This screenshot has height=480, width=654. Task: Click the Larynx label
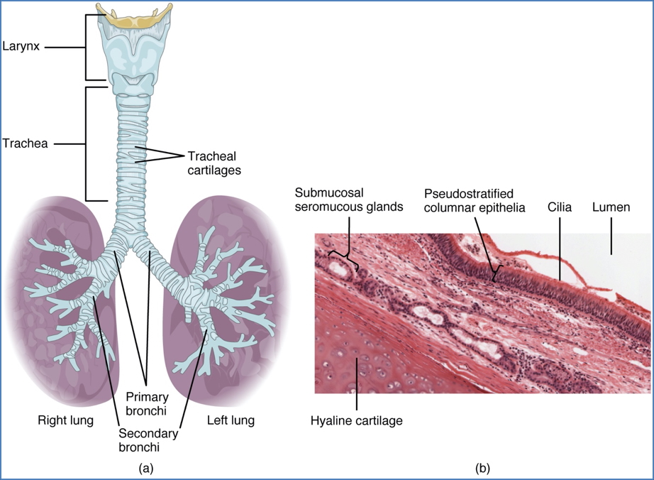click(21, 47)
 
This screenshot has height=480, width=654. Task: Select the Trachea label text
click(25, 143)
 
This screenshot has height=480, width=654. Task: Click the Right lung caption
click(65, 420)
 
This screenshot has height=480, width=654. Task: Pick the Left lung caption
click(231, 420)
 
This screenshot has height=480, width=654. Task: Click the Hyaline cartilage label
click(357, 421)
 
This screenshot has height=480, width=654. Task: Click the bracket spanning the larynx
click(87, 48)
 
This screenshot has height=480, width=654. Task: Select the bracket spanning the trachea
click(87, 143)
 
